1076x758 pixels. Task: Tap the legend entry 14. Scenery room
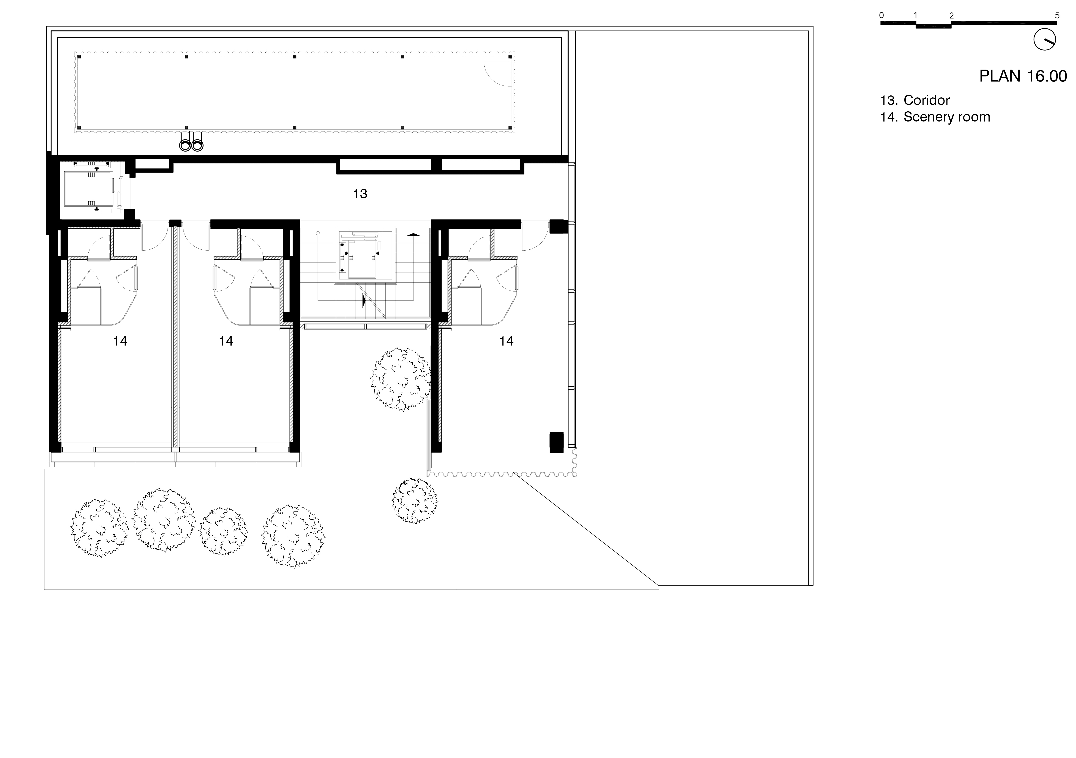935,117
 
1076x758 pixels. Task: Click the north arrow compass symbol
1045,40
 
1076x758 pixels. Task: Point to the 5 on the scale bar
1057,15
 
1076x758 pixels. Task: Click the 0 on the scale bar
882,15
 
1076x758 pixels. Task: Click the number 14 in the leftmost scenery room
120,341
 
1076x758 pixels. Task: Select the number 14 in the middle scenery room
226,341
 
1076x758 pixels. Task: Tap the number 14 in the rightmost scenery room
506,341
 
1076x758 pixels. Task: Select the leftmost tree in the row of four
99,528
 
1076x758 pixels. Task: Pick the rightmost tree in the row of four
293,536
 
